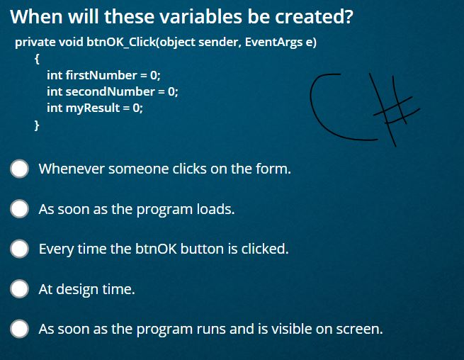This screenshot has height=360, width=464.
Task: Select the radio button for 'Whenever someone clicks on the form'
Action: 19,169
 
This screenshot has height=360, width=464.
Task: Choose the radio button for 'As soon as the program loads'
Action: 19,209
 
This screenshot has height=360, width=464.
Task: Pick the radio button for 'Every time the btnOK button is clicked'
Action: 19,249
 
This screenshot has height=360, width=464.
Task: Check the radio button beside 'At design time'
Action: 19,288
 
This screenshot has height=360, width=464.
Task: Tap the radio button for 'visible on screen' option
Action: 19,329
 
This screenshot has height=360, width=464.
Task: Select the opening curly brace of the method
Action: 37,59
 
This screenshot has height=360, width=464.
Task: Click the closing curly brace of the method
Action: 37,125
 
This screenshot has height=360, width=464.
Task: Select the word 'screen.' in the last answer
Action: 361,329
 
